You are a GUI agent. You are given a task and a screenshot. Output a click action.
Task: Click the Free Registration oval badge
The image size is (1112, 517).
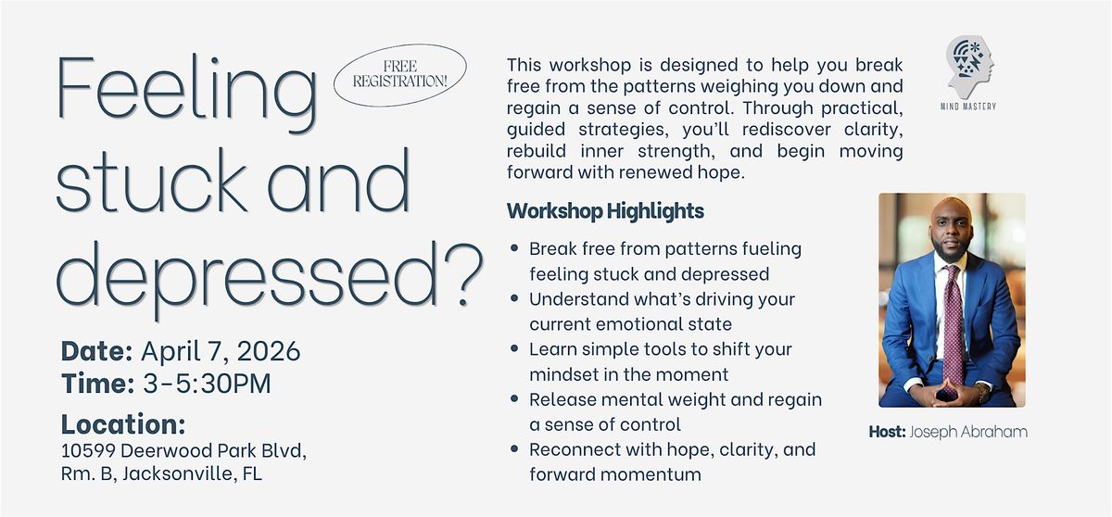click(x=399, y=75)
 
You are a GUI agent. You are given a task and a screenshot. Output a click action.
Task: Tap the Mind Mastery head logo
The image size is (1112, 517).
click(x=970, y=67)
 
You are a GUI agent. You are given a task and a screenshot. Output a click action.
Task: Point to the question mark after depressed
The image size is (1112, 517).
click(x=463, y=274)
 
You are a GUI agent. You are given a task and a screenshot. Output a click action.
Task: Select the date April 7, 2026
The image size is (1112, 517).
click(x=221, y=351)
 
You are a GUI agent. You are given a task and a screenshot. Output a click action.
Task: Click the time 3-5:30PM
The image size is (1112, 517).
click(x=207, y=384)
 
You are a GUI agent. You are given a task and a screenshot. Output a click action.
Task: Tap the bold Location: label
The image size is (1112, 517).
click(x=123, y=424)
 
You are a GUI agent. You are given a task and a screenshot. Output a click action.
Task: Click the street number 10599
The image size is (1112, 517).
click(x=88, y=450)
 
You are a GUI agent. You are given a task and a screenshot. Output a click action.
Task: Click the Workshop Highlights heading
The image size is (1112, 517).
click(x=605, y=211)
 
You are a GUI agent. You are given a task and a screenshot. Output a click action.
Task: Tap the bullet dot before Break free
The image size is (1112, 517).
click(x=514, y=247)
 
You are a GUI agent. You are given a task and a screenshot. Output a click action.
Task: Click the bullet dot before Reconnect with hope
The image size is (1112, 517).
click(x=514, y=448)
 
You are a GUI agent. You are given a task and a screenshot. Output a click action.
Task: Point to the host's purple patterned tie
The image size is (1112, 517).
click(x=954, y=327)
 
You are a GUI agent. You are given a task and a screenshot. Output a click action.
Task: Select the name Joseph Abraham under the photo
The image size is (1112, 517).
click(x=968, y=432)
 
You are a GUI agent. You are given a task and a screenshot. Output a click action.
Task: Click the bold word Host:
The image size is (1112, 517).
click(x=887, y=432)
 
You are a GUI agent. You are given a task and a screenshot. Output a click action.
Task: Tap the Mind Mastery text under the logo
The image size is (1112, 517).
click(x=968, y=107)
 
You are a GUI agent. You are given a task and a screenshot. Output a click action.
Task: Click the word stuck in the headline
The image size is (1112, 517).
click(x=151, y=181)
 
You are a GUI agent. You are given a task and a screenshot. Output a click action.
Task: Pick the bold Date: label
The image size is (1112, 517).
click(x=96, y=351)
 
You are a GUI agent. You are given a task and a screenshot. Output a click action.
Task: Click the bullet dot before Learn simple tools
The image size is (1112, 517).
click(x=514, y=348)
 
